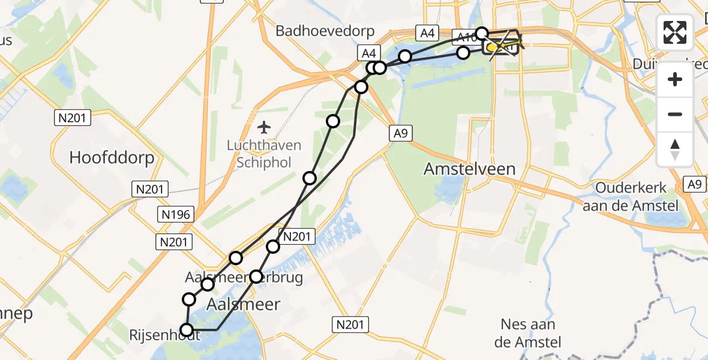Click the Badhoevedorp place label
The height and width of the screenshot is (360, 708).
coord(325,31)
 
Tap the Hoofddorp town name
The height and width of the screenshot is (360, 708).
coord(112,158)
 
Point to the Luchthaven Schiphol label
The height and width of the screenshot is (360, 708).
coord(264,154)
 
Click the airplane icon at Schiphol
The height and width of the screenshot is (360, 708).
coord(263,127)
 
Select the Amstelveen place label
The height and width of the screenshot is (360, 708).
coord(469,169)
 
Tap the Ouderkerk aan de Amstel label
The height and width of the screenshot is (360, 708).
coord(631,197)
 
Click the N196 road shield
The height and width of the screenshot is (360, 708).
coord(175,214)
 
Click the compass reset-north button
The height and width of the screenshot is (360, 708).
coord(675,149)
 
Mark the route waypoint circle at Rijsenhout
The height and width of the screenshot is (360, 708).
coord(187,330)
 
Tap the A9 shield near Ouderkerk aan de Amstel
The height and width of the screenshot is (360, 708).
coord(695,184)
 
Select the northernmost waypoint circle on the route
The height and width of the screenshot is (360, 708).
coord(482,33)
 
